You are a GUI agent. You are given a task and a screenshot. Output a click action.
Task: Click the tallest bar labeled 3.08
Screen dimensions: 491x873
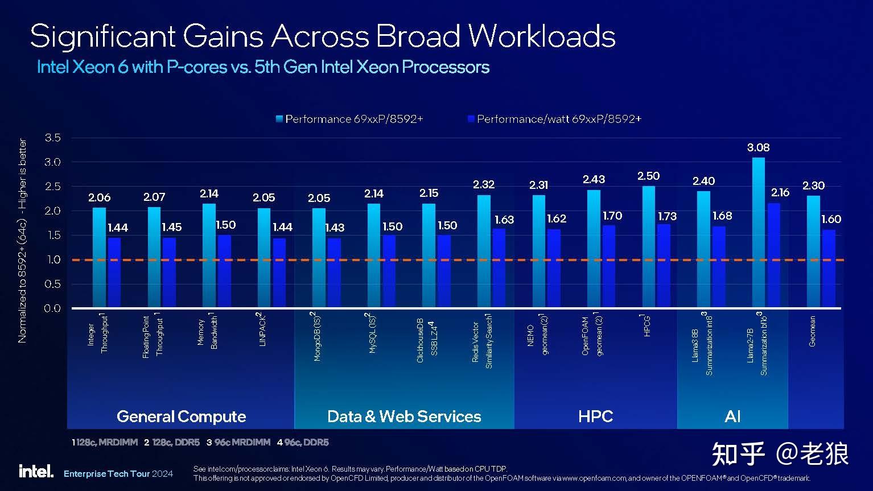click(759, 233)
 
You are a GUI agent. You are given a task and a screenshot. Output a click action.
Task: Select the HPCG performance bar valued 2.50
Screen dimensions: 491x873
click(649, 247)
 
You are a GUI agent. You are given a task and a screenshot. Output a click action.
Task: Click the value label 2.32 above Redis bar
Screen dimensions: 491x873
click(484, 184)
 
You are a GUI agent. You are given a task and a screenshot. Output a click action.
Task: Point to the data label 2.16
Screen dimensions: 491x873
click(780, 192)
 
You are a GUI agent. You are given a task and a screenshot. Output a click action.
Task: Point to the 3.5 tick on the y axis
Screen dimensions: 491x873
click(52, 138)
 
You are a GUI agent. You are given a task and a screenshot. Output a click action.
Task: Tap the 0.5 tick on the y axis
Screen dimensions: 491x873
click(52, 284)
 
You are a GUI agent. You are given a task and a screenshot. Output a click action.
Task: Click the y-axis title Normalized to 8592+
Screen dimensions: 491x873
click(23, 240)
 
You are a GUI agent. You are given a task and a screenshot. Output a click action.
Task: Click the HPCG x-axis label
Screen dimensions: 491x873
click(646, 325)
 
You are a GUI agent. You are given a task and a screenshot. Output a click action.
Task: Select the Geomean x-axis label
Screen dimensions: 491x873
click(813, 331)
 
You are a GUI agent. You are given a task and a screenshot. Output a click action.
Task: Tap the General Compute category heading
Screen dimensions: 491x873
click(181, 416)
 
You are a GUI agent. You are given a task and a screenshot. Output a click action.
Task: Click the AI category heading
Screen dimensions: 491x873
click(732, 416)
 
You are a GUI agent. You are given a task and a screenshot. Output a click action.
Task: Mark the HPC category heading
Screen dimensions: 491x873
click(595, 416)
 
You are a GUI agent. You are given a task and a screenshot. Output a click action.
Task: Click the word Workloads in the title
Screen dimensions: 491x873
click(542, 36)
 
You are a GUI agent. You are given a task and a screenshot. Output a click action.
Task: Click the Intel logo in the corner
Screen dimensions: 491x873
click(36, 471)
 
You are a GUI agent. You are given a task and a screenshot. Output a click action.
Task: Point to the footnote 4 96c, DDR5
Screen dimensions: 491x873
click(303, 442)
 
